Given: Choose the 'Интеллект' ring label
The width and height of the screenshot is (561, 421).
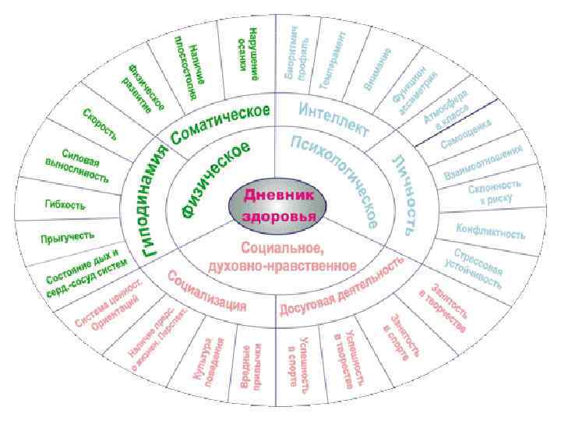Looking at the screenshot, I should point(334,116).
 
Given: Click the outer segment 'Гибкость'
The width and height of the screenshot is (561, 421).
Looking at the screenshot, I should point(65,205).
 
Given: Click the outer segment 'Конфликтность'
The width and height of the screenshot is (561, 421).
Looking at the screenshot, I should point(490,231).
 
